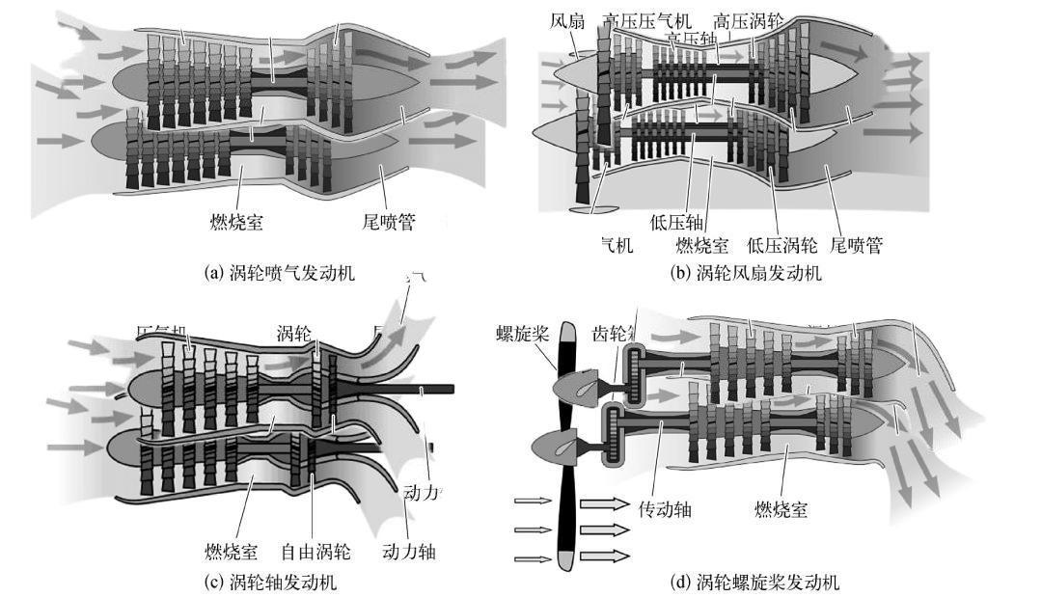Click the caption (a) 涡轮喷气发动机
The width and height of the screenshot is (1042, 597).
(x=281, y=273)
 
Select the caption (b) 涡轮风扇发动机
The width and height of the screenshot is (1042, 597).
(x=746, y=273)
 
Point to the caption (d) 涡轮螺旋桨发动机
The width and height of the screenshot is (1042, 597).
(x=754, y=582)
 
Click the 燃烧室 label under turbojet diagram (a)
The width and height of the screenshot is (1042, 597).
(x=236, y=223)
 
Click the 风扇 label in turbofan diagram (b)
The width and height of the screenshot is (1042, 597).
(x=567, y=19)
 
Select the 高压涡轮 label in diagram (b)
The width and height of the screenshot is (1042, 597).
(x=749, y=19)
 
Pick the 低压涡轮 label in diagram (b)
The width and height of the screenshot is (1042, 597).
(x=782, y=245)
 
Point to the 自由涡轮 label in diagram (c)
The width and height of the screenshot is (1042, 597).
(x=315, y=553)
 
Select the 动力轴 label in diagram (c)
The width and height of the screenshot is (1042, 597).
(x=410, y=553)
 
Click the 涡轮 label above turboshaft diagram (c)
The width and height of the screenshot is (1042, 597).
(x=294, y=335)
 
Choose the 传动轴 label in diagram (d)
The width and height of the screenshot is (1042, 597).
(x=666, y=508)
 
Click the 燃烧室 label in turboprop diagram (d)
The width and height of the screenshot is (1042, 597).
(x=781, y=508)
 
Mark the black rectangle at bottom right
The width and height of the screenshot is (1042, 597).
(x=934, y=551)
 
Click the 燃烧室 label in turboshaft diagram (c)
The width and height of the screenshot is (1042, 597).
(x=231, y=553)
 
